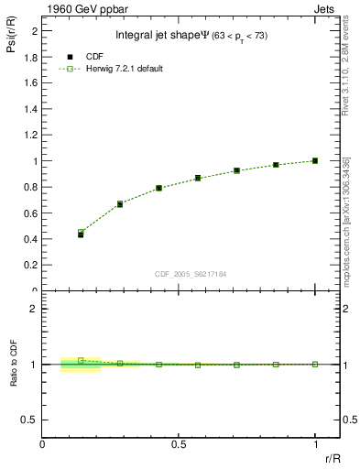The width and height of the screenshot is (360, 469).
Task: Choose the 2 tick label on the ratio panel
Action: coord(34,309)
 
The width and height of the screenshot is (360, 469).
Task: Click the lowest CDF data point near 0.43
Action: coord(81,234)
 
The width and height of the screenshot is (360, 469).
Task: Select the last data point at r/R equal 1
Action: coord(315,160)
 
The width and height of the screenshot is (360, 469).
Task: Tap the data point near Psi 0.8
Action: coord(158,188)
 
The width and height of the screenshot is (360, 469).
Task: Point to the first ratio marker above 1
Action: coord(81,360)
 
